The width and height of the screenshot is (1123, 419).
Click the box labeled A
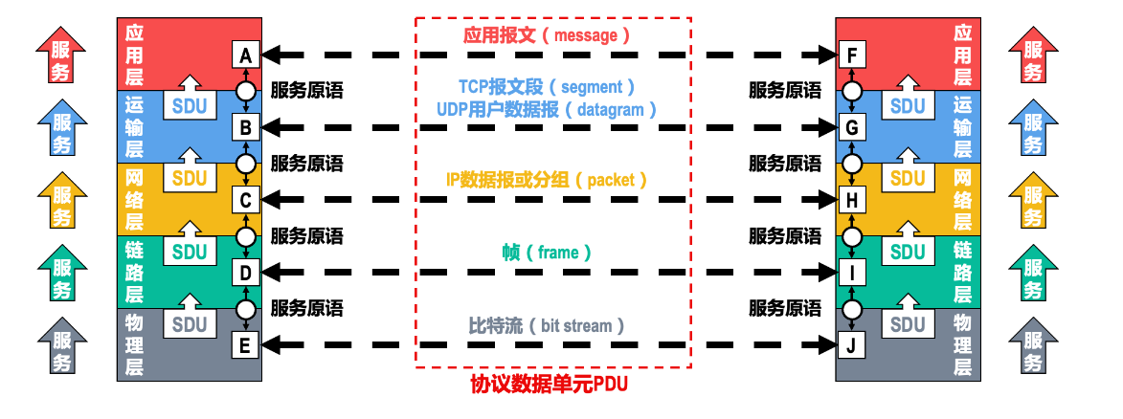click(246, 55)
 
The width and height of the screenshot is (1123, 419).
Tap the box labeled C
click(246, 200)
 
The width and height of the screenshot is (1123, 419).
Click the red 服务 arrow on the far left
click(60, 56)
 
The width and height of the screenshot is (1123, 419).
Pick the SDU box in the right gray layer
click(908, 324)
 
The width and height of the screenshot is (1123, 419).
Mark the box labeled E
click(246, 344)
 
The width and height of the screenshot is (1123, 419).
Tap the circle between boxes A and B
click(246, 91)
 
